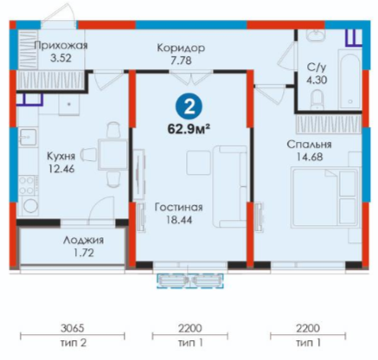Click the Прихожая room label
[x=61, y=46]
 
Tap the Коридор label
[x=181, y=48]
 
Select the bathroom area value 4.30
[x=317, y=80]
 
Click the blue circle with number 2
[x=189, y=107]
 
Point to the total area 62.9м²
[x=189, y=129]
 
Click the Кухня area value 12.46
[x=61, y=169]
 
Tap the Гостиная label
[x=178, y=207]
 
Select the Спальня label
[x=309, y=145]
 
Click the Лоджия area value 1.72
[x=84, y=253]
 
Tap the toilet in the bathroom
[x=317, y=100]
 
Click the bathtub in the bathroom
[x=349, y=80]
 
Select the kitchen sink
[x=28, y=137]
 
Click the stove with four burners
[x=28, y=185]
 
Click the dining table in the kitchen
[x=112, y=154]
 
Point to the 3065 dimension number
[x=72, y=328]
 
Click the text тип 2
[x=74, y=343]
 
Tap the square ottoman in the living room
[x=198, y=163]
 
